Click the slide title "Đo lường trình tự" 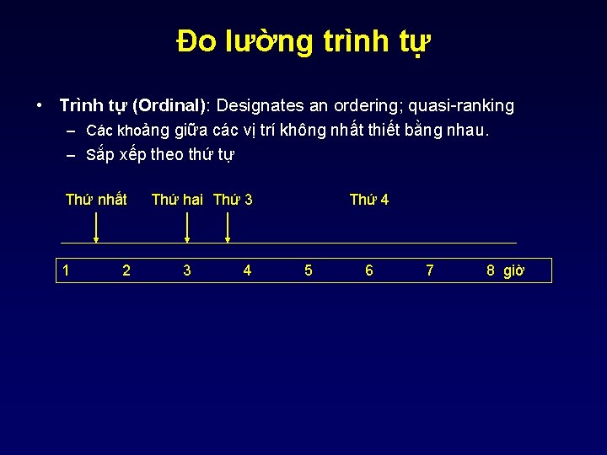pyautogui.click(x=303, y=41)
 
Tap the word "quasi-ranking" pyautogui.click(x=463, y=106)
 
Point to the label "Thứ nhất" pyautogui.click(x=96, y=200)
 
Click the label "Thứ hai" pyautogui.click(x=177, y=200)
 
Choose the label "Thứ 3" pyautogui.click(x=233, y=200)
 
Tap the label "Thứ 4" pyautogui.click(x=369, y=200)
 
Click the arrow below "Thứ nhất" pyautogui.click(x=96, y=227)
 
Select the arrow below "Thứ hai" pyautogui.click(x=186, y=227)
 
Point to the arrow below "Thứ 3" pyautogui.click(x=227, y=227)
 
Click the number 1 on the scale pyautogui.click(x=67, y=270)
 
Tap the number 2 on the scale pyautogui.click(x=126, y=270)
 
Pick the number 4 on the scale pyautogui.click(x=247, y=270)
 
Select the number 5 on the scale pyautogui.click(x=308, y=270)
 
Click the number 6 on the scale pyautogui.click(x=368, y=270)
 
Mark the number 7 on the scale pyautogui.click(x=430, y=270)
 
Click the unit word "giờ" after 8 pyautogui.click(x=514, y=270)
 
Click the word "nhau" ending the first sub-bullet pyautogui.click(x=467, y=131)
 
